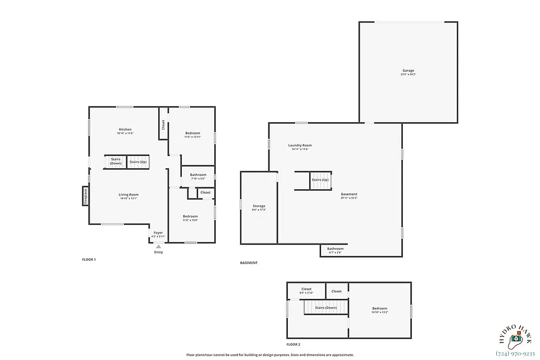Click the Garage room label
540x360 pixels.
point(408,71)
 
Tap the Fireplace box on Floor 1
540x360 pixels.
point(85,196)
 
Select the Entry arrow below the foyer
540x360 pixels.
point(158,246)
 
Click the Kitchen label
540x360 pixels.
point(125,130)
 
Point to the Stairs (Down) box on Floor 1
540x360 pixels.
point(115,162)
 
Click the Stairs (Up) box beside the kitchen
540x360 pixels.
point(138,162)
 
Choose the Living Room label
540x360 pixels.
point(128,195)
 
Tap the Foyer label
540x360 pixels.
point(158,233)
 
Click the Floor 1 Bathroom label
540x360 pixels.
point(198,175)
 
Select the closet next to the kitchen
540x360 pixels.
point(163,125)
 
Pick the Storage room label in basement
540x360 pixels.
point(258,206)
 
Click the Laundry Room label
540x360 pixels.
point(300,145)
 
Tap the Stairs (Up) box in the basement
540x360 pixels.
point(320,180)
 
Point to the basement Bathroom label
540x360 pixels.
point(335,249)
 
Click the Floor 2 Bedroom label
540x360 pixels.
point(379,309)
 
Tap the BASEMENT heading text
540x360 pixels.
point(249,262)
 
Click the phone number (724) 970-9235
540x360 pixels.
point(515,353)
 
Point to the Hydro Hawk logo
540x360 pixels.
point(515,332)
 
